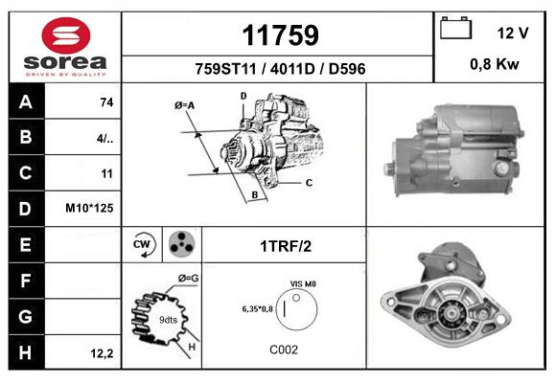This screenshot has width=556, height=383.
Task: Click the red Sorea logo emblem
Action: click(66, 35)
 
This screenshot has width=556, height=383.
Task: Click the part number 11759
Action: click(281, 35)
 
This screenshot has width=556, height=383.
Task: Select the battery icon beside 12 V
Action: click(455, 28)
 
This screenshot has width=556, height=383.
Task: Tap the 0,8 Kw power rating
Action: click(495, 64)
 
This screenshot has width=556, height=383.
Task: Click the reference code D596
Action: click(347, 69)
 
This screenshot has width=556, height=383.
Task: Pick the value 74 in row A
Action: click(106, 102)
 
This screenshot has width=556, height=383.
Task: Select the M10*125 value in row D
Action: click(89, 208)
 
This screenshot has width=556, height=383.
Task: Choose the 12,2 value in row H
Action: click(102, 353)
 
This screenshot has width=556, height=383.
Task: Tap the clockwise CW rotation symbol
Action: click(143, 244)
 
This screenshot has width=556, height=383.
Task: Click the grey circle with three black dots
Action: click(182, 244)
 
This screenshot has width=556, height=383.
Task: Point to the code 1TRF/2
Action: click(286, 246)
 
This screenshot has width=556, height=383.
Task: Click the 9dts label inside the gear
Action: click(168, 320)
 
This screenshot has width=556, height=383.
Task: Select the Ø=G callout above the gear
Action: click(188, 279)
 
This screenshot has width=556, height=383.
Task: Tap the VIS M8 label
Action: click(303, 283)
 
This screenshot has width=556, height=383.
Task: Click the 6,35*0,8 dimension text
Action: click(258, 309)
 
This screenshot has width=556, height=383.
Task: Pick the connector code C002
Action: click(284, 350)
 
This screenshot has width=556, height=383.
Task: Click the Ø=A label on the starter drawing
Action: click(184, 105)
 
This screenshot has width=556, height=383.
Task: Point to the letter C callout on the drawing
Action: click(310, 183)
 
